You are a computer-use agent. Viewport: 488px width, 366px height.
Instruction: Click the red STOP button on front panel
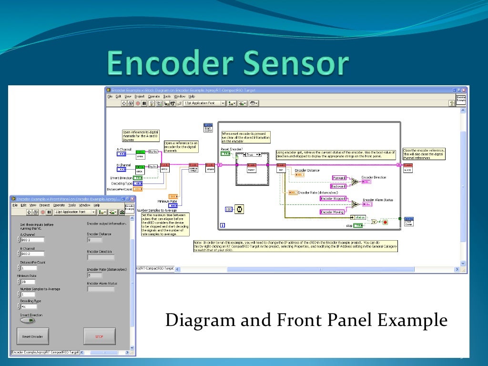99,336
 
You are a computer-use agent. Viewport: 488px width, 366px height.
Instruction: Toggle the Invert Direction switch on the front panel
27,320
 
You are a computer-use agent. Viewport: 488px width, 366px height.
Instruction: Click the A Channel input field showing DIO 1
32,240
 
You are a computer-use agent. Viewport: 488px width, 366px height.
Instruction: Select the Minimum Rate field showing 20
28,282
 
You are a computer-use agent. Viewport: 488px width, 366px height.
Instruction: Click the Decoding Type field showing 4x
28,306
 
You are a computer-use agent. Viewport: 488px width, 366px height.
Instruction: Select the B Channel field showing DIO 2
32,254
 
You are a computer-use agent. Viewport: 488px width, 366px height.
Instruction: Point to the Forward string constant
339,178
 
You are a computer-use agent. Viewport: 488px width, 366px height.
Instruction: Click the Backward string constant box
339,186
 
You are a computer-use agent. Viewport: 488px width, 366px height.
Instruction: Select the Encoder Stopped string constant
333,198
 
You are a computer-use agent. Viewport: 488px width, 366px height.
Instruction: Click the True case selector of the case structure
253,155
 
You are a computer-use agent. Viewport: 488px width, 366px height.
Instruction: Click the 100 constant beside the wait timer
228,209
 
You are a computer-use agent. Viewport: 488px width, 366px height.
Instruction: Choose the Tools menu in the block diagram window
167,96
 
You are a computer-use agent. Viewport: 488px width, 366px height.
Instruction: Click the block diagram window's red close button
465,90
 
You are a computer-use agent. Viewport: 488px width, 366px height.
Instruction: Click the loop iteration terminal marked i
223,225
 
